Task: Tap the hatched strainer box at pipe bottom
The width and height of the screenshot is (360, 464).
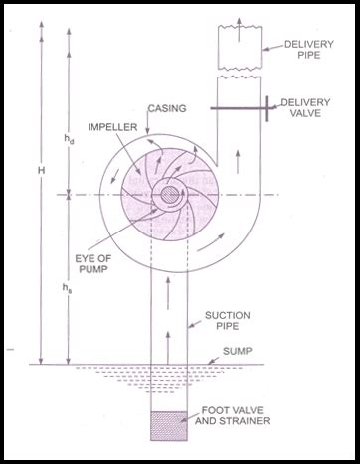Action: pos(168,426)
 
